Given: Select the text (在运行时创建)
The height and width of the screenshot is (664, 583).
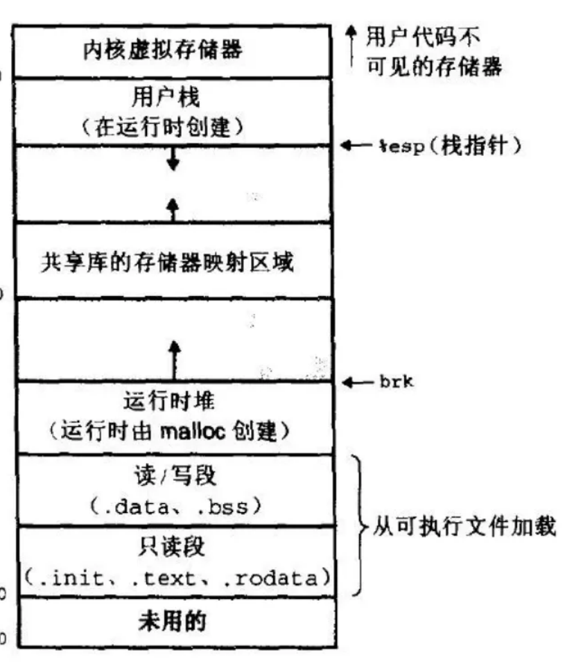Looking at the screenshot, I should [172, 127].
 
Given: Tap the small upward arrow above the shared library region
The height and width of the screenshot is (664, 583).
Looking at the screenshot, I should [173, 208].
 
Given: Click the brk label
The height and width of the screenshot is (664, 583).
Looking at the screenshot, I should [396, 381].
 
